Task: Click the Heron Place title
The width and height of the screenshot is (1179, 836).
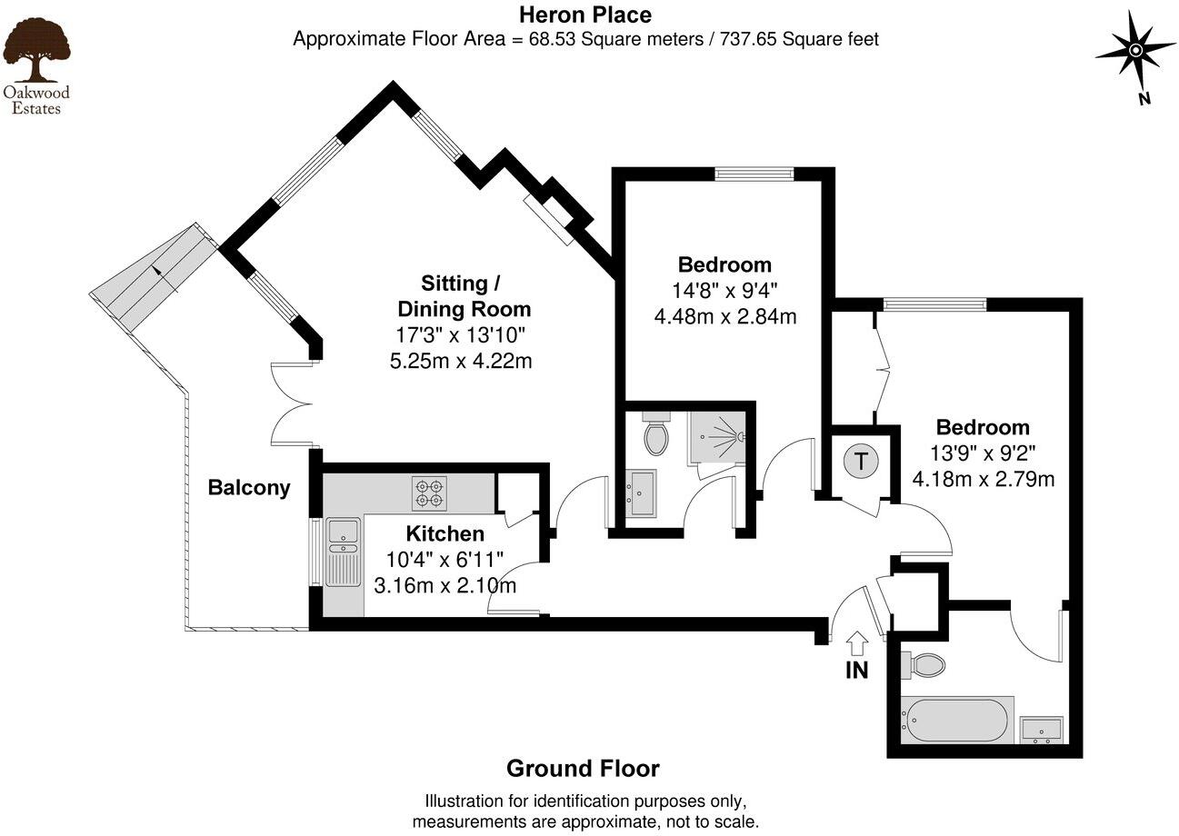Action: (x=585, y=15)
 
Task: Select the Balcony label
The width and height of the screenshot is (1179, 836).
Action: (x=249, y=488)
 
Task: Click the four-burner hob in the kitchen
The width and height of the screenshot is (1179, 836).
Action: (x=429, y=493)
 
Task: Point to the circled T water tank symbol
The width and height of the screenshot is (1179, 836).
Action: (x=862, y=461)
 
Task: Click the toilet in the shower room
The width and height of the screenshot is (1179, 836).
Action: (x=655, y=434)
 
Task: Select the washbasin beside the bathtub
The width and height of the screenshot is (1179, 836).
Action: (x=1042, y=730)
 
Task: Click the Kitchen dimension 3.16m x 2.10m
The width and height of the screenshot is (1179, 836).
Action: (x=445, y=585)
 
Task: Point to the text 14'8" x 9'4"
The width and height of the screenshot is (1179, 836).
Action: (x=724, y=291)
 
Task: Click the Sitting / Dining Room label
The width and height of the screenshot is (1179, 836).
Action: (x=464, y=294)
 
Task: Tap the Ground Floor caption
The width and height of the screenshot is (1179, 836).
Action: (x=583, y=769)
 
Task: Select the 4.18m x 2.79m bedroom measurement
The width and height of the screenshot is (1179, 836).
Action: (x=983, y=478)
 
